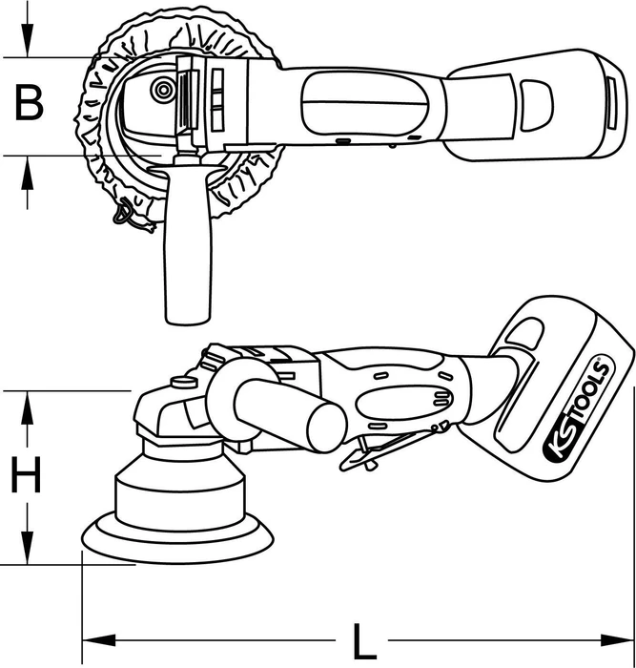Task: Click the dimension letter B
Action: [x=29, y=103]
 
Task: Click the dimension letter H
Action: [x=26, y=474]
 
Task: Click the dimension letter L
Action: [x=364, y=641]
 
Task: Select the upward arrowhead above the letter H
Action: [x=28, y=407]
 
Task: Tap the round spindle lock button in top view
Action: [x=163, y=90]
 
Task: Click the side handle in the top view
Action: [x=187, y=242]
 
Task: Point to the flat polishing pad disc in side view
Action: [x=178, y=539]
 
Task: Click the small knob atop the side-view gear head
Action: [x=182, y=382]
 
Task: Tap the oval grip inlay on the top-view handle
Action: [x=364, y=102]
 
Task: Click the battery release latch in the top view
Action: [x=537, y=105]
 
